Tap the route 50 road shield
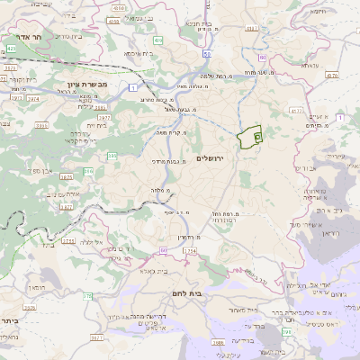point(207,54)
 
